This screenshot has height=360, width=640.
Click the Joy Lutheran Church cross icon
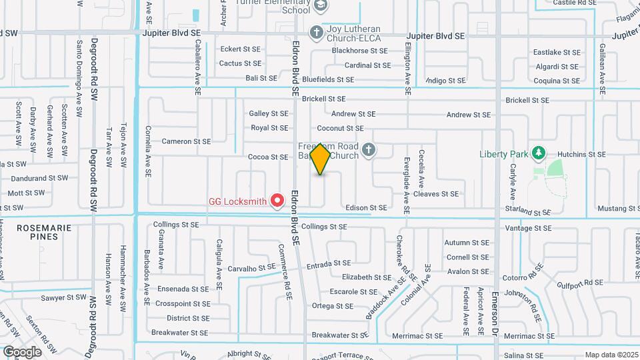tap(316, 31)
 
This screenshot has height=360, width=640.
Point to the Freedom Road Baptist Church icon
tap(367, 151)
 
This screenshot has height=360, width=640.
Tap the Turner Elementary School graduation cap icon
tap(321, 6)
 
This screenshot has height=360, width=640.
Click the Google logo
tap(22, 351)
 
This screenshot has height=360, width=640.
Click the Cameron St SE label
tap(186, 141)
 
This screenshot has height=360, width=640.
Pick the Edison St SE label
tap(366, 208)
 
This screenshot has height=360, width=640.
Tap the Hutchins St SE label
tap(583, 154)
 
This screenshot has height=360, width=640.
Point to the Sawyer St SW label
tap(63, 297)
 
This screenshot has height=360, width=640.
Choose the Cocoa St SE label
tap(268, 157)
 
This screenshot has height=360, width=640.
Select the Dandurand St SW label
tap(39, 178)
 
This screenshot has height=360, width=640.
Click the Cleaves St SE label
tap(436, 194)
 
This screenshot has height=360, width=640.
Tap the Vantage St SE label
tap(528, 228)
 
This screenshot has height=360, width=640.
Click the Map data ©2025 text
tap(611, 355)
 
